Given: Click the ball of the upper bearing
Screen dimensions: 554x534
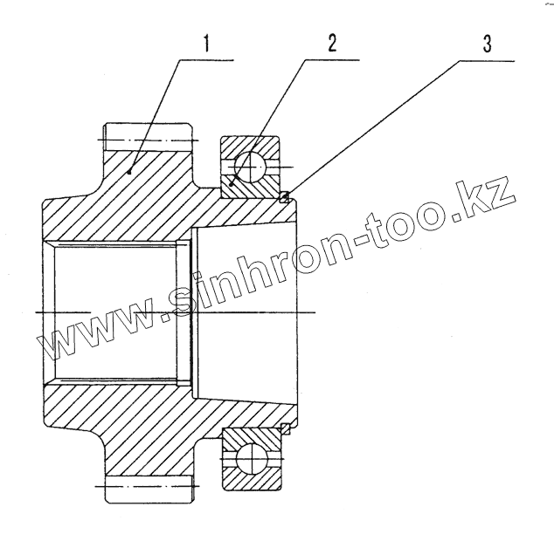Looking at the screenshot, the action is click(x=252, y=164).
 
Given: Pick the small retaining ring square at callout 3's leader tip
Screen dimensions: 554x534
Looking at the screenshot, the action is click(x=283, y=198).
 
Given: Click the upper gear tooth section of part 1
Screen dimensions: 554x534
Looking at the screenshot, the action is click(x=147, y=140).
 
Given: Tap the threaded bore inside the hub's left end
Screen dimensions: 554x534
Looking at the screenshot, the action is click(x=118, y=311).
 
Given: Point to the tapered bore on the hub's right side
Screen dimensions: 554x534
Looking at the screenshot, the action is click(x=245, y=311).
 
